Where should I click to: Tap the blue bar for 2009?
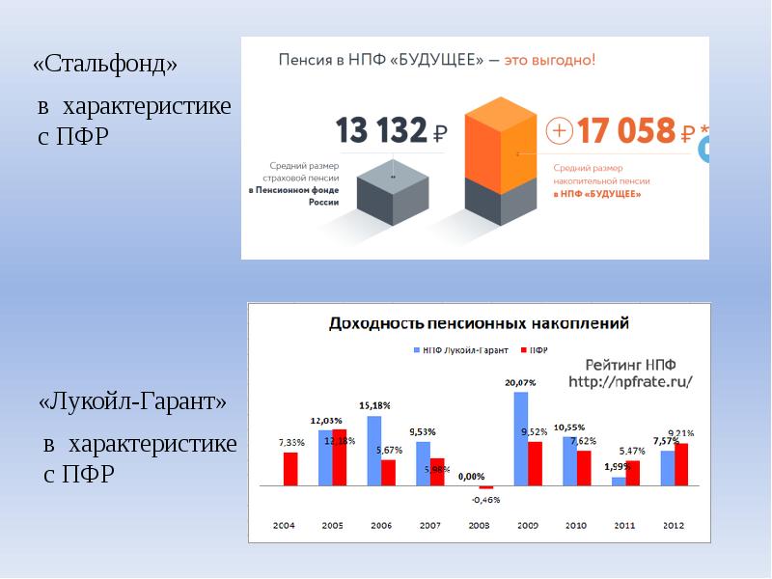521,438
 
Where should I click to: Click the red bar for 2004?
290,468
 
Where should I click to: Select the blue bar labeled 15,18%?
374,450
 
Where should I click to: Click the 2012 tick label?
675,526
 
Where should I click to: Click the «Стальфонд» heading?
105,66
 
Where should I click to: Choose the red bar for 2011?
633,472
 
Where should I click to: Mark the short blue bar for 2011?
619,481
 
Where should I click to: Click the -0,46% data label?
485,500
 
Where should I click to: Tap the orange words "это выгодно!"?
553,60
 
